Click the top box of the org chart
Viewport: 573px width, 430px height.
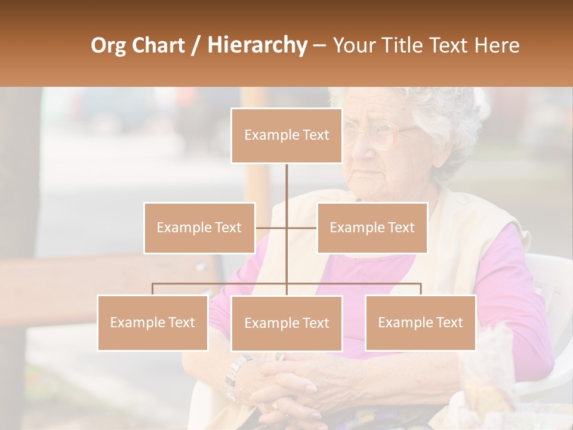[x=286, y=136]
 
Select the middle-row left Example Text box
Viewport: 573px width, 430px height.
[x=199, y=228]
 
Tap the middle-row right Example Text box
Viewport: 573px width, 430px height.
[x=372, y=228]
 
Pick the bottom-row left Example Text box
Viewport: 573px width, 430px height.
[x=153, y=322]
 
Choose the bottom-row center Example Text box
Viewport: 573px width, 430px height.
[x=286, y=323]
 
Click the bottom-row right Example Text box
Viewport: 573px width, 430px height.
[x=420, y=322]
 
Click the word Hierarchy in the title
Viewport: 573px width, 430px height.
[x=257, y=45]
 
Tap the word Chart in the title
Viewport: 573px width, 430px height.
[x=158, y=45]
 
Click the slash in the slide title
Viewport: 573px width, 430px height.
[x=196, y=45]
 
